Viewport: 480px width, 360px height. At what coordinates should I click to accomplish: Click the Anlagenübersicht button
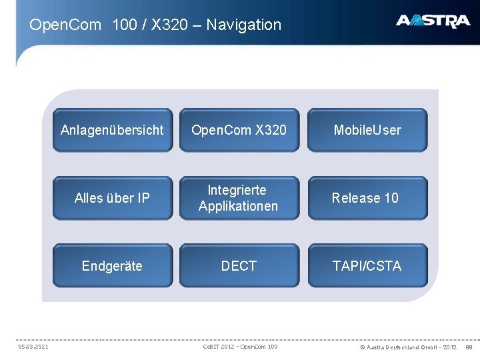tap(112, 130)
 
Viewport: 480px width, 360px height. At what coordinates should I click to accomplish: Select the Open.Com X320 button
tap(239, 130)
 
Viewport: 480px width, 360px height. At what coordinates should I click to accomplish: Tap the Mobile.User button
tap(367, 130)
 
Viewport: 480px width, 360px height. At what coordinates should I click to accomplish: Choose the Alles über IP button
tap(112, 198)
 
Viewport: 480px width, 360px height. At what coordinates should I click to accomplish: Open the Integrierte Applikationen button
tap(239, 198)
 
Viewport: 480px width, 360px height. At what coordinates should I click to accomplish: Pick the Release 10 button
tap(367, 198)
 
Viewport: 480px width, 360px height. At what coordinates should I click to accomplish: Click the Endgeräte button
tap(112, 266)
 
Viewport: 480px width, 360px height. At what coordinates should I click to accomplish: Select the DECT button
tap(239, 266)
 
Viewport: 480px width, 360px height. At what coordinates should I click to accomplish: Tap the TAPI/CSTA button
tap(367, 266)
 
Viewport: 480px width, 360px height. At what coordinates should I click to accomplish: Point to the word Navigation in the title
tap(244, 25)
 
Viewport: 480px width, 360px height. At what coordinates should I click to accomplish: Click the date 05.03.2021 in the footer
tap(32, 347)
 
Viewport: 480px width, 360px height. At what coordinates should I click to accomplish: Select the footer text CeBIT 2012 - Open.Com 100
tap(240, 347)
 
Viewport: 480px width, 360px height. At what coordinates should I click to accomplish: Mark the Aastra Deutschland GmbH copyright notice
tap(408, 347)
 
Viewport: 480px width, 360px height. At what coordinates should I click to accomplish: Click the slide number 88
tap(469, 347)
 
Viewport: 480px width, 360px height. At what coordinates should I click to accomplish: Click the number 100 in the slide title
tap(125, 25)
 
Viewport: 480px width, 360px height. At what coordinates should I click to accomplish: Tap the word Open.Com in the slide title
tap(65, 25)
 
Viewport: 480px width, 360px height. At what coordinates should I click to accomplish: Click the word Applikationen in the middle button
tap(239, 206)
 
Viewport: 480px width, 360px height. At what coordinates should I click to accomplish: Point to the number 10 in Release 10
tap(391, 198)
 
